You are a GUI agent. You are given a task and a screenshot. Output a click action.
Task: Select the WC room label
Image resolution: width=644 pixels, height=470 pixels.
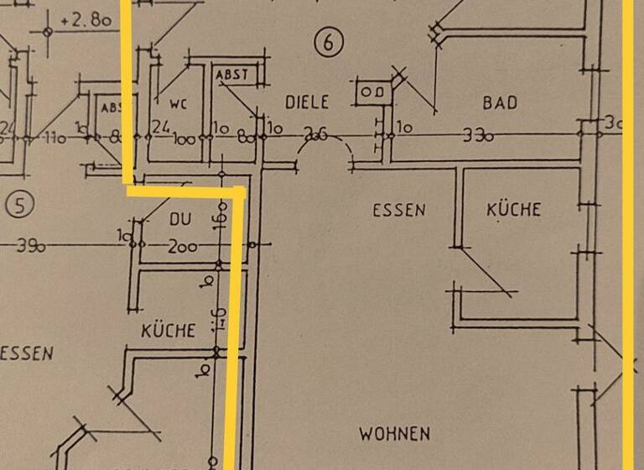click(x=178, y=105)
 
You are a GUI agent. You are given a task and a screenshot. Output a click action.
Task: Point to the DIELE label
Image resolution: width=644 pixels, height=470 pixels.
click(x=307, y=102)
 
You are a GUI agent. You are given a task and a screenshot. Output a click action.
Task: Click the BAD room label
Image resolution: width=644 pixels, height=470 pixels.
click(x=500, y=102)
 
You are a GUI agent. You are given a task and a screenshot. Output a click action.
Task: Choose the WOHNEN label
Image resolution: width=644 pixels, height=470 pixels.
click(x=394, y=434)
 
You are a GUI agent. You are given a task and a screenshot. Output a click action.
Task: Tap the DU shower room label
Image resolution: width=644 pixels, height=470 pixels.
click(x=180, y=219)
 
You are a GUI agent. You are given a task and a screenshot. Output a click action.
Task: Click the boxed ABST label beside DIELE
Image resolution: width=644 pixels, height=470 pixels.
click(x=232, y=75)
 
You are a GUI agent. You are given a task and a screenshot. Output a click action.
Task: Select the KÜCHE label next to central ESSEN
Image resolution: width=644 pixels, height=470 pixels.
click(x=513, y=209)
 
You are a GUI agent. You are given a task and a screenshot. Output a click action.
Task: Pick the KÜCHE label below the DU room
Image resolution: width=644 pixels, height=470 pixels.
click(x=168, y=331)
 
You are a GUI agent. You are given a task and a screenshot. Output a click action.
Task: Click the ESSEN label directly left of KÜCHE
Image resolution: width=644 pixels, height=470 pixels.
click(x=399, y=210)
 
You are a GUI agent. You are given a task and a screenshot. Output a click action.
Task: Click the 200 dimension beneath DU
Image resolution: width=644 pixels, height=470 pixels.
click(x=181, y=247)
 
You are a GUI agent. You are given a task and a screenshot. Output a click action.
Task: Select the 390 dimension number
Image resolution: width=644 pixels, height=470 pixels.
click(x=30, y=246)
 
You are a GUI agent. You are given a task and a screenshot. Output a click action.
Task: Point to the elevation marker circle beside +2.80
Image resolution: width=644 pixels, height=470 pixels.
click(x=47, y=31)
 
